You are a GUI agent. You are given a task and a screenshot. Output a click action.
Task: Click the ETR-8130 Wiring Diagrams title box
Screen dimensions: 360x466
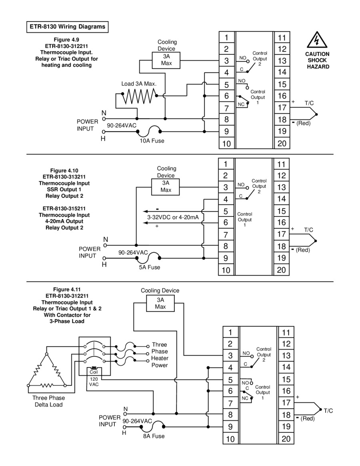point(68,27)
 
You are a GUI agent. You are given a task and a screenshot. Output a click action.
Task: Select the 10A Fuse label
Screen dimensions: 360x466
point(152,141)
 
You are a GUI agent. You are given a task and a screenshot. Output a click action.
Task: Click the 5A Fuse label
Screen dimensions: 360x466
point(150,268)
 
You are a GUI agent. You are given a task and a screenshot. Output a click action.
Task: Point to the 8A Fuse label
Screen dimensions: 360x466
point(154,436)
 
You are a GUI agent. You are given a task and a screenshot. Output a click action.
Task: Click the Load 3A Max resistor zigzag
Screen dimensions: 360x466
point(139,96)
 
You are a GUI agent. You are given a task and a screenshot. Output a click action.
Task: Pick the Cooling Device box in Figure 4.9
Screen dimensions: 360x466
point(166,60)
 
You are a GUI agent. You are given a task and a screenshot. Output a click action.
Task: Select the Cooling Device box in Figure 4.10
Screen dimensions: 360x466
point(166,187)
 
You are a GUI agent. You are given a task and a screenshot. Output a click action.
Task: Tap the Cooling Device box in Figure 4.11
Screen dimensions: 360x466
point(160,304)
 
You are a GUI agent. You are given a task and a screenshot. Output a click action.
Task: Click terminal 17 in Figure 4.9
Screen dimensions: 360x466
point(282,108)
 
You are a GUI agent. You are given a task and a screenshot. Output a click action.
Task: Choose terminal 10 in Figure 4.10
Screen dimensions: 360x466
point(226,270)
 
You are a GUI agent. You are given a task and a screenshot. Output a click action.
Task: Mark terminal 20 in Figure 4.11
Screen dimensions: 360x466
point(286,439)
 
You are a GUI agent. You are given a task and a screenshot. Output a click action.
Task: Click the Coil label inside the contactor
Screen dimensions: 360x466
point(94,372)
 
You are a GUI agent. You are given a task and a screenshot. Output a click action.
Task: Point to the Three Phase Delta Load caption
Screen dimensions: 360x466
point(48,401)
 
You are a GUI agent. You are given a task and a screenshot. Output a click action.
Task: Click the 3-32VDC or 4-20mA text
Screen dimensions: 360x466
point(173,217)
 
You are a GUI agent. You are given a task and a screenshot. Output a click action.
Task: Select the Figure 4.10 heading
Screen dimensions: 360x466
point(64,170)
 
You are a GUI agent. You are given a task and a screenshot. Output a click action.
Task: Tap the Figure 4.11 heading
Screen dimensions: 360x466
point(67,290)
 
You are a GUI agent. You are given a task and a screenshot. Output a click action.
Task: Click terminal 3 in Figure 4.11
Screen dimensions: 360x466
point(230,356)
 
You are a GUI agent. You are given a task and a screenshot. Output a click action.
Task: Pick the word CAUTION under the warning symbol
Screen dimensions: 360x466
point(317,54)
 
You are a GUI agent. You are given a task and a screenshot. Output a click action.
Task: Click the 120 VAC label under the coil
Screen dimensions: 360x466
point(94,382)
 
